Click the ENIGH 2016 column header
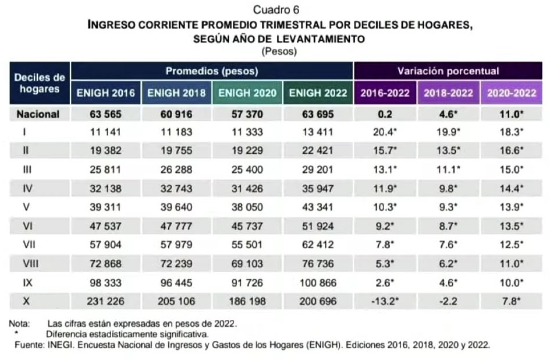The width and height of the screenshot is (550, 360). click(x=105, y=93)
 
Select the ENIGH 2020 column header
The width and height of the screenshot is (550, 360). click(x=247, y=93)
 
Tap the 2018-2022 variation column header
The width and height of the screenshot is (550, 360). click(x=448, y=93)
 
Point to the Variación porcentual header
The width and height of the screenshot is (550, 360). click(x=448, y=71)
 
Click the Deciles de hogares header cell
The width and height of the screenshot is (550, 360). click(x=39, y=83)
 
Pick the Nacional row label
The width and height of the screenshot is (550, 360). click(x=38, y=114)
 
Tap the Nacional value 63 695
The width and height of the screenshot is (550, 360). click(x=318, y=114)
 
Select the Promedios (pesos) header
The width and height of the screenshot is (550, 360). click(x=212, y=71)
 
